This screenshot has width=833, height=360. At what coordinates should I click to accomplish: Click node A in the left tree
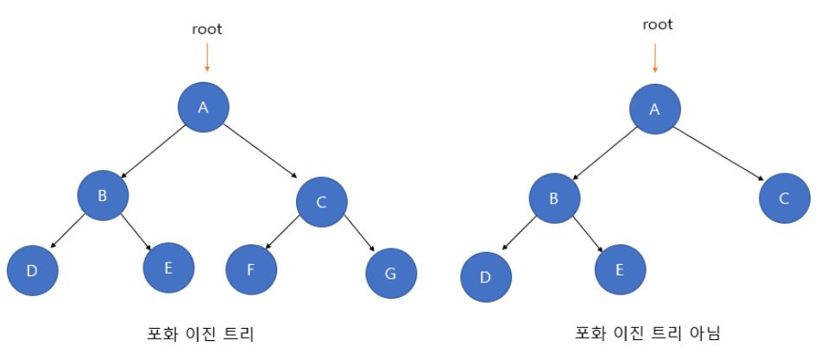tap(204, 107)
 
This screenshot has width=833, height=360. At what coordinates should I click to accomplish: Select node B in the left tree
tap(102, 195)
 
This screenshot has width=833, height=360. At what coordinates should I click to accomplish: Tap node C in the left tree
tap(321, 202)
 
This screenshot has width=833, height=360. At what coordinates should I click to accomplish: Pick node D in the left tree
tap(32, 270)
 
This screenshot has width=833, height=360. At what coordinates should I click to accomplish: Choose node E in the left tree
tap(168, 267)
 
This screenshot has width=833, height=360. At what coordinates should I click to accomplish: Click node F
tap(251, 269)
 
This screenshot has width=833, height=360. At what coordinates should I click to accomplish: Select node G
tap(391, 275)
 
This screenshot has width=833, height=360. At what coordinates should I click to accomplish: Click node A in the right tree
tap(654, 109)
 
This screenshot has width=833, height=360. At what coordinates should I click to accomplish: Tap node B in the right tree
tap(554, 198)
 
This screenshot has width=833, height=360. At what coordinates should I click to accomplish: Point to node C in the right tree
tap(785, 199)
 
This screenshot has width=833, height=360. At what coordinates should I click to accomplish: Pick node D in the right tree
tap(485, 277)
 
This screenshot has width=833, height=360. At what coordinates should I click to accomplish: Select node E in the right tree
tap(620, 269)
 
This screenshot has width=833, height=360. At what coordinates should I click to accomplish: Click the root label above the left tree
tap(206, 29)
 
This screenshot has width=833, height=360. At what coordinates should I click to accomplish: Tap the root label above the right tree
tap(658, 25)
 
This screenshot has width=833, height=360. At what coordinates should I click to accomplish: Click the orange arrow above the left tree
tap(206, 58)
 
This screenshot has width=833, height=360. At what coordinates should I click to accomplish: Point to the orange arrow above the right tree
tap(655, 58)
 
